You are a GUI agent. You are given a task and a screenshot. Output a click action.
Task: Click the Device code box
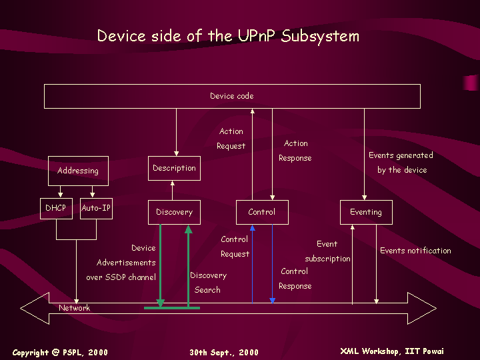point(232,96)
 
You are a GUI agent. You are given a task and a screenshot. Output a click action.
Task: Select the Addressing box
point(78,171)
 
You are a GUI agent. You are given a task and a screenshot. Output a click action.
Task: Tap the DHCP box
point(56,209)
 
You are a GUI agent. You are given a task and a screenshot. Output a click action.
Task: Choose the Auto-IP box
point(96,209)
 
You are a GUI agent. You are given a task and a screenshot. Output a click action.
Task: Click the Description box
point(174,168)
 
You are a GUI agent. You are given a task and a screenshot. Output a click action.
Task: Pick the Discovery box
point(174,212)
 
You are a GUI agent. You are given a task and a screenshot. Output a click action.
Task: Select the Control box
point(262,212)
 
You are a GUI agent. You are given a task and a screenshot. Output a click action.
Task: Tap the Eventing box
point(366,212)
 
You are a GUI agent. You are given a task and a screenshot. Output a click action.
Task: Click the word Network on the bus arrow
point(75,308)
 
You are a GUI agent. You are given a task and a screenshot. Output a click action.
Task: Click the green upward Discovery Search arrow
point(188,266)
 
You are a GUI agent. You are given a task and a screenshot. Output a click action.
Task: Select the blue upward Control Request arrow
point(252,264)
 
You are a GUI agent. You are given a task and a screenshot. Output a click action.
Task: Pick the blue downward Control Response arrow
point(272,264)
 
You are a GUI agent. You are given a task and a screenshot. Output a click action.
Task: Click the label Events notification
point(415,251)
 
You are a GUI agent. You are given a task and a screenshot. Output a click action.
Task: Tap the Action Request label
point(231,139)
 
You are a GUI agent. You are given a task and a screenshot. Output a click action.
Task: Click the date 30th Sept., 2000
point(224,353)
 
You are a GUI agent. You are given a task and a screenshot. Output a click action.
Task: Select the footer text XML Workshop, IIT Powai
point(392,351)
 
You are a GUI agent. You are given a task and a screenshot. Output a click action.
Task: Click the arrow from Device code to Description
point(176,132)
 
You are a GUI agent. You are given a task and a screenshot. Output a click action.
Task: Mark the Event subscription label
point(327,251)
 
